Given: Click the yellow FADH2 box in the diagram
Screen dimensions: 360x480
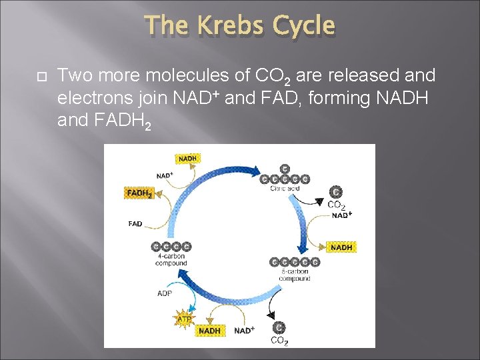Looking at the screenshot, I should pyautogui.click(x=139, y=193).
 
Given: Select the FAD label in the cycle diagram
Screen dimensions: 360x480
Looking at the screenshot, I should pyautogui.click(x=135, y=224).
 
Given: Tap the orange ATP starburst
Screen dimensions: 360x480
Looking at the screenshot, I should pyautogui.click(x=185, y=319).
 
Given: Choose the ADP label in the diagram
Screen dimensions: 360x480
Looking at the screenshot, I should pyautogui.click(x=165, y=293).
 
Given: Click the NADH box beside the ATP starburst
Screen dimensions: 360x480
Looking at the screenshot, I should pyautogui.click(x=209, y=331).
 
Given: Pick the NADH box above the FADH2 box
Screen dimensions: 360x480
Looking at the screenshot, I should pyautogui.click(x=187, y=159).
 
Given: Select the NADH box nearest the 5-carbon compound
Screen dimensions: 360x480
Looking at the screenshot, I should pyautogui.click(x=341, y=247).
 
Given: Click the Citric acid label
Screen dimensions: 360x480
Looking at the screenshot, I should pyautogui.click(x=284, y=189).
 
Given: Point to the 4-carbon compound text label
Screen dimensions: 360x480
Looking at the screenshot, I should pyautogui.click(x=171, y=259).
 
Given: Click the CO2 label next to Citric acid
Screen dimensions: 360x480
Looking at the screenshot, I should pyautogui.click(x=336, y=205).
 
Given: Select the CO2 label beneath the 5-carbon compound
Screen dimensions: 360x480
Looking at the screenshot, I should pyautogui.click(x=279, y=341).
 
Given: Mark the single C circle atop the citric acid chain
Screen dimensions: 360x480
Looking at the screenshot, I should pyautogui.click(x=285, y=169).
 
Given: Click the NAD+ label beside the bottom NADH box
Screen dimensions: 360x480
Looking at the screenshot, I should pyautogui.click(x=244, y=331).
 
